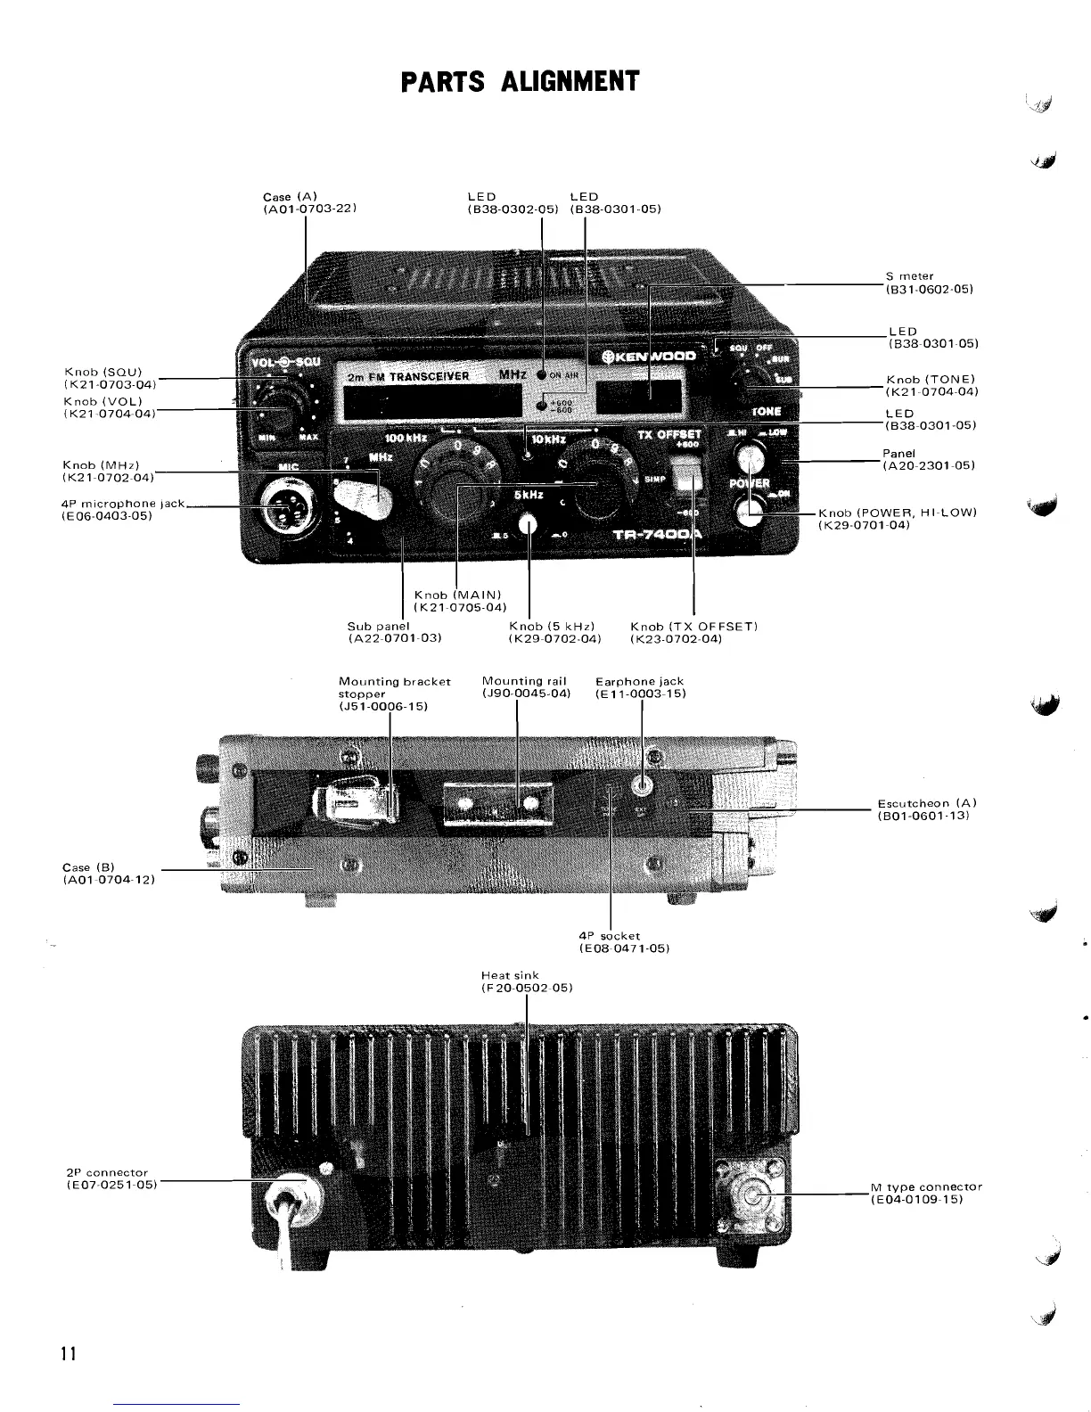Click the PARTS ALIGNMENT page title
tap(520, 81)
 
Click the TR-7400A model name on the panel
tap(659, 536)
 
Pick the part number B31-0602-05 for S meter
tap(929, 290)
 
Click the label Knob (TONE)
tap(931, 380)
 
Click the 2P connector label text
tap(108, 1172)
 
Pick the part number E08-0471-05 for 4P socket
tap(624, 948)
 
